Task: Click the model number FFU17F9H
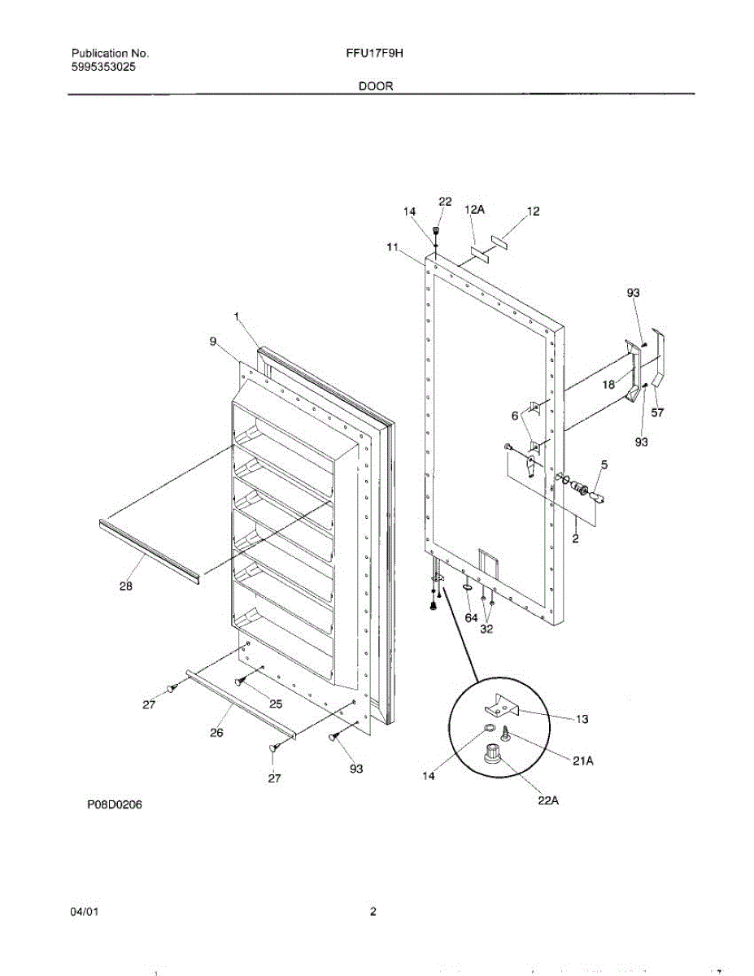(375, 54)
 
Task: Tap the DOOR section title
(376, 85)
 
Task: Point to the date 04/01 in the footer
(85, 912)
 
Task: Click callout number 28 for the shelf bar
(125, 586)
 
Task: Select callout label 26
(216, 732)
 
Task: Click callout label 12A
(475, 210)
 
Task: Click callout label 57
(657, 412)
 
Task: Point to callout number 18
(608, 386)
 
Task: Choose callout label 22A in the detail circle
(548, 800)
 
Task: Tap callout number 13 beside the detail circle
(582, 719)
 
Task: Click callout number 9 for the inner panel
(213, 342)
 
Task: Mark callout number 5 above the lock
(604, 464)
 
